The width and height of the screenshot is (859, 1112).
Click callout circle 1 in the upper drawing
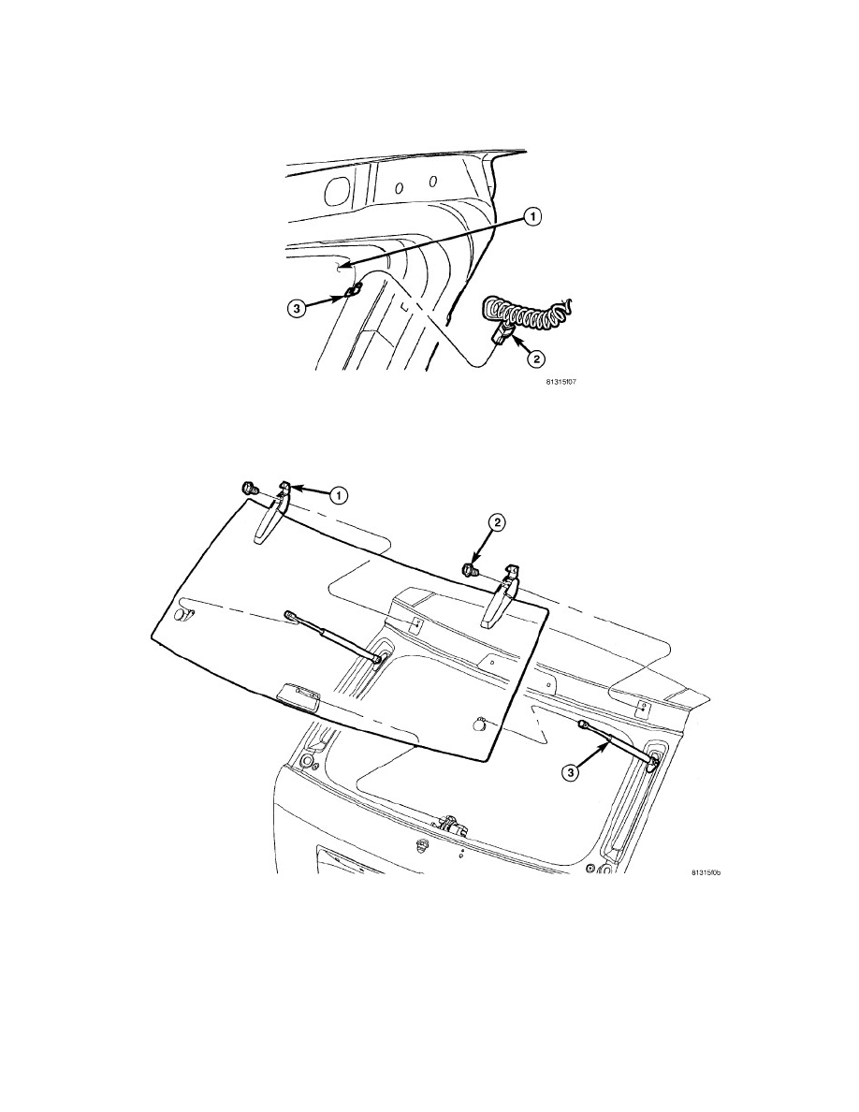coord(533,216)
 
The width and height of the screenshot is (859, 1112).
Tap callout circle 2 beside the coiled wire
coord(535,358)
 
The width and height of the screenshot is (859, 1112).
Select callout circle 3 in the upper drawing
coord(297,308)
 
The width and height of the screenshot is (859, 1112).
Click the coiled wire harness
coord(526,314)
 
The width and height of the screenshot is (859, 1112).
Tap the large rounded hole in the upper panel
coord(339,189)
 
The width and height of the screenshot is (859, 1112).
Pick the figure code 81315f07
coord(560,382)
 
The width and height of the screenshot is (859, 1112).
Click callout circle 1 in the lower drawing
coord(340,495)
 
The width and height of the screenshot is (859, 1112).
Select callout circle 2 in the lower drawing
coord(498,522)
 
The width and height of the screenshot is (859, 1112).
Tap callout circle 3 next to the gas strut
coord(571,772)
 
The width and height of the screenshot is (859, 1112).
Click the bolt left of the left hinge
coord(248,488)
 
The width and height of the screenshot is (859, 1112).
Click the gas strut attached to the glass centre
coord(335,636)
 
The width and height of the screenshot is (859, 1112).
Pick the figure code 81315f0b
coord(706,872)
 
